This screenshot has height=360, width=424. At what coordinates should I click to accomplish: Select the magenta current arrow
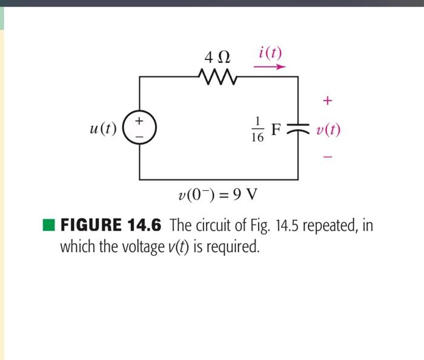tap(269, 67)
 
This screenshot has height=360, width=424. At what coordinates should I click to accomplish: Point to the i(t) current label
tap(270, 52)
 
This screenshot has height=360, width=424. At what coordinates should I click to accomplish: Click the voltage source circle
tap(140, 128)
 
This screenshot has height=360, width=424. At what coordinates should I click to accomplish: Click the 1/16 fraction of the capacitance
tap(257, 130)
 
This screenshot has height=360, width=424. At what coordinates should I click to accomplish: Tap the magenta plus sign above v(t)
tap(328, 101)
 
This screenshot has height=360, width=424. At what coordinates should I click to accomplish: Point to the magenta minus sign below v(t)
tap(328, 157)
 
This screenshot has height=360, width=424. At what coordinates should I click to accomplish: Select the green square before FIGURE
tap(49, 226)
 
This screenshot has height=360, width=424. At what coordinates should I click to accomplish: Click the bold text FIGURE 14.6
tap(111, 226)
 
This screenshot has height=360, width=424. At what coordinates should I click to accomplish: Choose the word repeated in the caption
tap(331, 227)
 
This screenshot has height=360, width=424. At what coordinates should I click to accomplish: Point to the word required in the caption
tap(232, 247)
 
